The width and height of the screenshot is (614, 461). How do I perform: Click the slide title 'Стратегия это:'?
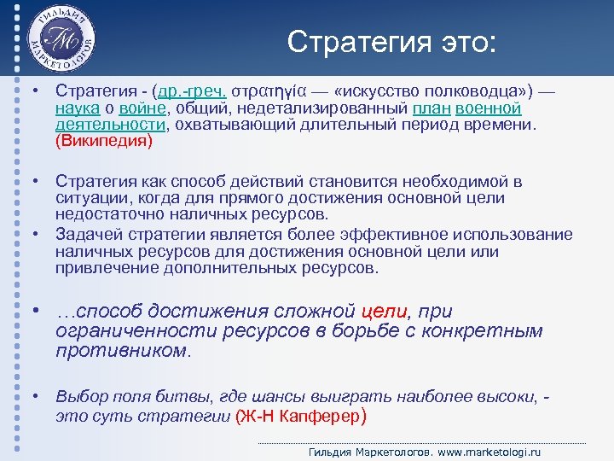(x=391, y=41)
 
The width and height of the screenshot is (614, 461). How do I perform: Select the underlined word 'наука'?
(x=78, y=108)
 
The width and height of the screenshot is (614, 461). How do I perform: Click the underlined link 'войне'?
(x=143, y=108)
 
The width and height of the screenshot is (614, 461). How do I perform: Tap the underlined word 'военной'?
(x=489, y=108)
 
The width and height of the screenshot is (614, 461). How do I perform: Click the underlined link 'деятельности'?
(x=109, y=125)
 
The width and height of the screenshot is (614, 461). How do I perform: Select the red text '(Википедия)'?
(x=103, y=141)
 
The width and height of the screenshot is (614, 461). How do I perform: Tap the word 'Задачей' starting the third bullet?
(x=87, y=235)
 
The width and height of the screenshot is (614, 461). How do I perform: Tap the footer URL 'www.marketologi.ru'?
(x=488, y=452)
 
